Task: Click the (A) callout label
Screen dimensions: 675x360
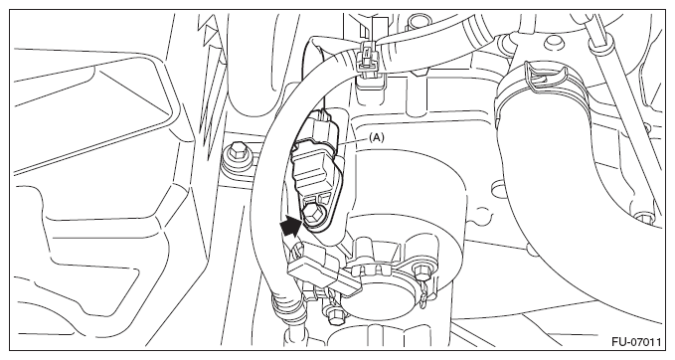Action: pyautogui.click(x=376, y=137)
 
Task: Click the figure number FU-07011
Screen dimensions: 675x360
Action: pyautogui.click(x=636, y=342)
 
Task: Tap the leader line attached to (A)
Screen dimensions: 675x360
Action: pyautogui.click(x=353, y=140)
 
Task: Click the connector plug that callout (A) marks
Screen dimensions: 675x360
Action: pyautogui.click(x=321, y=127)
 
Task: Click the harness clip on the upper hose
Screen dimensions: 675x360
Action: pyautogui.click(x=367, y=61)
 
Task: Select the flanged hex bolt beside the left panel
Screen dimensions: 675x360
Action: pyautogui.click(x=235, y=157)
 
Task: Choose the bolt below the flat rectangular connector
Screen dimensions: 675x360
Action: pyautogui.click(x=334, y=312)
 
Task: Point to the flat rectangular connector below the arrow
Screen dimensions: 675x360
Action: pyautogui.click(x=324, y=270)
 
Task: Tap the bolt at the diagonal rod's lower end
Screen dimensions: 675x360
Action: pyautogui.click(x=643, y=217)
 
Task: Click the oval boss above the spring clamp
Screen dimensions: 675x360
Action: pyautogui.click(x=552, y=43)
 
